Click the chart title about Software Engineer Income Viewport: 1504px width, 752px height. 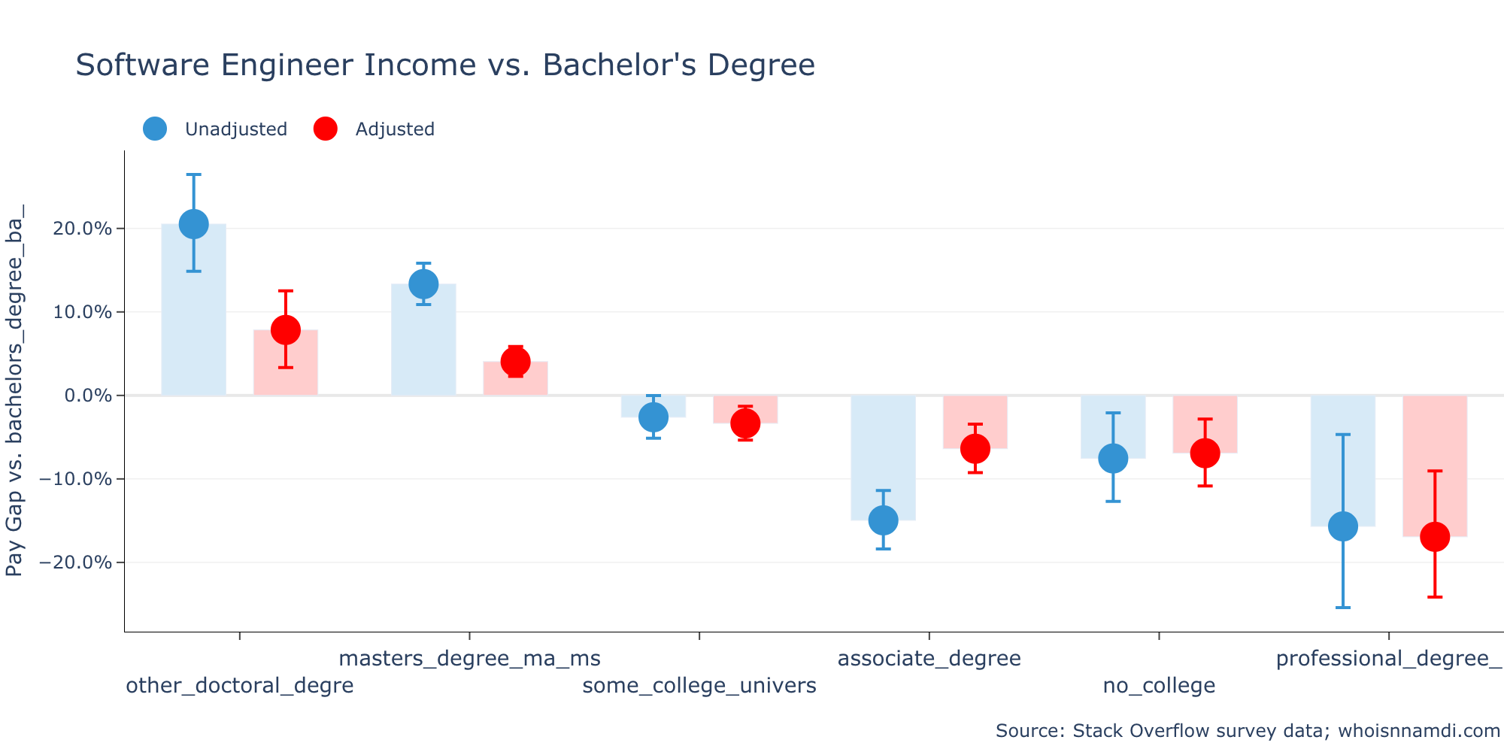[x=445, y=65]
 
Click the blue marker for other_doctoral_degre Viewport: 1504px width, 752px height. [x=193, y=224]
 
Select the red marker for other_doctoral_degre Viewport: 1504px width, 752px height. [x=286, y=329]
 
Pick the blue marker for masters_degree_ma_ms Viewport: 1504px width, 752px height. [x=423, y=284]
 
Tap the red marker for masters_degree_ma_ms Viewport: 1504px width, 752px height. [x=516, y=362]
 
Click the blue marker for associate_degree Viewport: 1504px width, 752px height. [x=883, y=520]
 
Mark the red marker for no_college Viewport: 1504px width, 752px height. [x=1205, y=453]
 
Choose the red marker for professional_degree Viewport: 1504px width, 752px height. [x=1435, y=536]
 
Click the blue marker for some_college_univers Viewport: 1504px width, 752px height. [x=653, y=417]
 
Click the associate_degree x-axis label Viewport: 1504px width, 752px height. [x=929, y=659]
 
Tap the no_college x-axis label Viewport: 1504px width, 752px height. [x=1159, y=686]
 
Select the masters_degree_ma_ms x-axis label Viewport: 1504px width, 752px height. [x=469, y=659]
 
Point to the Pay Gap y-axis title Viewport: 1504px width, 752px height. [x=15, y=390]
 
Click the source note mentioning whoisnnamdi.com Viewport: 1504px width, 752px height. [x=1248, y=731]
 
